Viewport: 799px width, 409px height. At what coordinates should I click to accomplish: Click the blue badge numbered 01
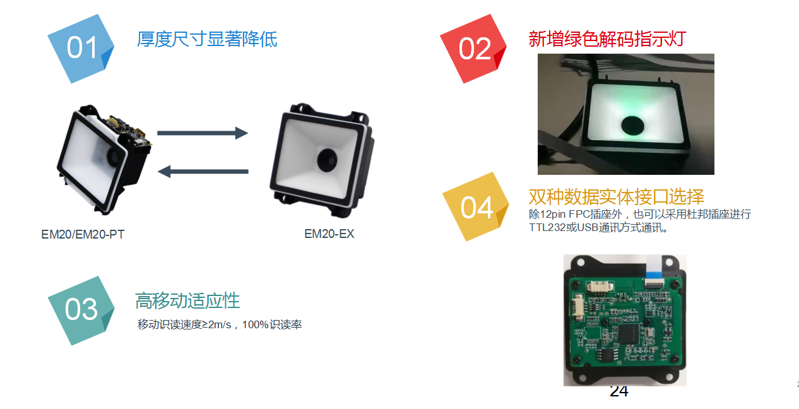pos(81,49)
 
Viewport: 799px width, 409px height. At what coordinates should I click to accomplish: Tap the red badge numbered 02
pos(473,49)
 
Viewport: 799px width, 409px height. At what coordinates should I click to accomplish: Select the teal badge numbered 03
pos(81,311)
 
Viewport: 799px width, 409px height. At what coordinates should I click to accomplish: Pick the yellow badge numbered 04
pos(476,207)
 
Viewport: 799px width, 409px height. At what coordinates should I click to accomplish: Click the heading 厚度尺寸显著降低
pos(207,39)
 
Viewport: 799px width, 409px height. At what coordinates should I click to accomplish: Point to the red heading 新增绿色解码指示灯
pos(607,39)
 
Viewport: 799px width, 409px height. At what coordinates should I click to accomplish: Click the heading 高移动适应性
pos(187,300)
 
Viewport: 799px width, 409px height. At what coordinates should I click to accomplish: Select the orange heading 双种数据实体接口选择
pos(616,196)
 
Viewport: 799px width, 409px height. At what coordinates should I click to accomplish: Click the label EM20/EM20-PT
pos(83,234)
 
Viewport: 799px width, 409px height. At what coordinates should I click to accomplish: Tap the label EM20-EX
pos(329,234)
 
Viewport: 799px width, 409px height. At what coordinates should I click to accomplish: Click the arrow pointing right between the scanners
pos(203,133)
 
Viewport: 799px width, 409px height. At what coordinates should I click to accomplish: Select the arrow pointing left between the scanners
pos(203,172)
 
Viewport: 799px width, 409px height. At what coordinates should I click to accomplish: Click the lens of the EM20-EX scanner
pos(327,160)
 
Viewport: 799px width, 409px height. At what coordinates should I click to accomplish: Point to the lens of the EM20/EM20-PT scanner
pos(114,157)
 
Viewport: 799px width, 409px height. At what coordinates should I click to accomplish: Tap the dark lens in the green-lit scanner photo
pos(632,126)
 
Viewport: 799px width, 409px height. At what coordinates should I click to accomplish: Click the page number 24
pos(619,391)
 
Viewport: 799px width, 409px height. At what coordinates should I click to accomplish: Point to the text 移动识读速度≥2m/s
pos(184,325)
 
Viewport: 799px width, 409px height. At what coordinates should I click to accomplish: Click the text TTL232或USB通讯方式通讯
pos(596,227)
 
